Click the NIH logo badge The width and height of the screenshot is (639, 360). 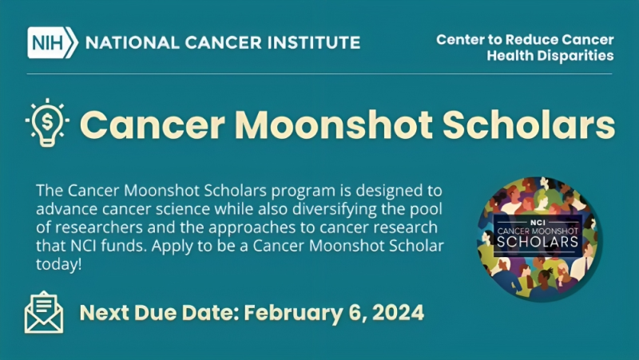52,42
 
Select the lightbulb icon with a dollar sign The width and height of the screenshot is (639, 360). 46,124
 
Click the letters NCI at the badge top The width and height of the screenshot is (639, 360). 539,217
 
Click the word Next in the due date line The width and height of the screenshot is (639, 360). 105,311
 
